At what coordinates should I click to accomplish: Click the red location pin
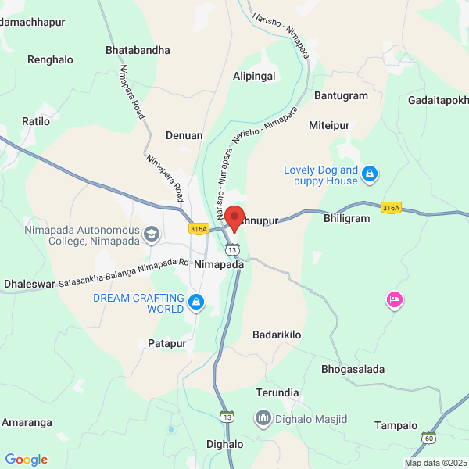234,217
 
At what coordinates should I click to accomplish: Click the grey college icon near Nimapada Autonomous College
152,233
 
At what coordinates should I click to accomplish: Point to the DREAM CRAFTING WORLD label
138,303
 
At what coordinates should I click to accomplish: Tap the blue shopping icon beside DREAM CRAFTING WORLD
196,301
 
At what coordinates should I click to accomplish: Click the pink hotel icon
395,299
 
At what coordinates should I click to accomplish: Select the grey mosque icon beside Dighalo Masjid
263,418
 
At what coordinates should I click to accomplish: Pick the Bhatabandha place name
138,50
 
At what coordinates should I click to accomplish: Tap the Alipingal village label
254,76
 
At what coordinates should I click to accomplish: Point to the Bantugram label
341,95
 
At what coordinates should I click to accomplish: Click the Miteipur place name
329,125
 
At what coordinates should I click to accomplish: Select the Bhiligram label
346,218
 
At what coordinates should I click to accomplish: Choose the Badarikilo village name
277,334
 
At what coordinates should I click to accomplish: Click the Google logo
26,460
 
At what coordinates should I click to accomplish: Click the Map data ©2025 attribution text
435,463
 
